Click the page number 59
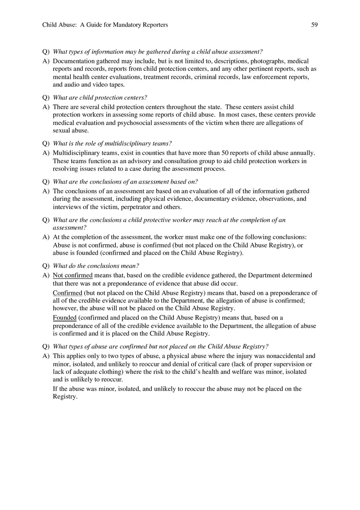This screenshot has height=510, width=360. pos(314,25)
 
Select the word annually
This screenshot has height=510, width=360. pos(301,153)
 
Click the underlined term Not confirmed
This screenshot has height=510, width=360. pos(73,275)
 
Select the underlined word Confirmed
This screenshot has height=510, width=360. pos(67,293)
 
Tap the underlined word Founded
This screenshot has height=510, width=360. pos(65,317)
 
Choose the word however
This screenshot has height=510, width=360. pos(65,308)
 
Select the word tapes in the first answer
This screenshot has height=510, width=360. pos(115,85)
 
